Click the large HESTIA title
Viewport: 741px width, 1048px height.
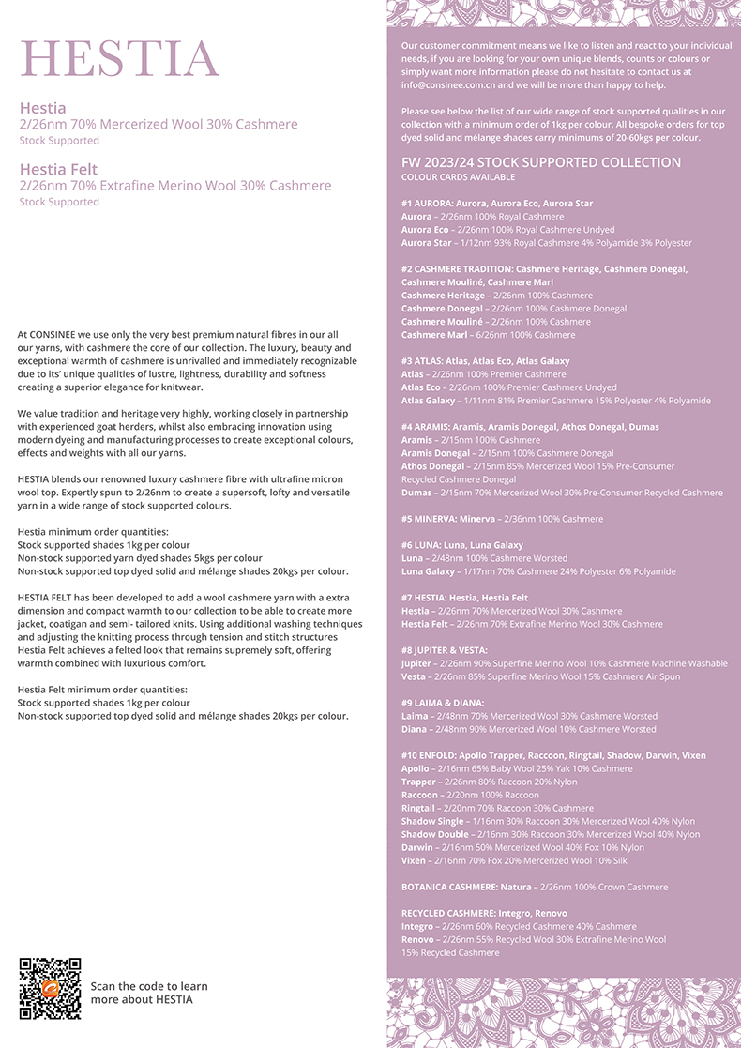click(120, 59)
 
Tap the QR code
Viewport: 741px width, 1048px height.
click(50, 988)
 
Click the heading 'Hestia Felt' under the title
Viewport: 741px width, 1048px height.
click(58, 169)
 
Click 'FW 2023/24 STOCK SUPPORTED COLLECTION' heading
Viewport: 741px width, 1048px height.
click(541, 162)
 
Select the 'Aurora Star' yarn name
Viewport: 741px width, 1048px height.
click(427, 243)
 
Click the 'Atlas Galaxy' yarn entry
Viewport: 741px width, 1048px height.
click(429, 401)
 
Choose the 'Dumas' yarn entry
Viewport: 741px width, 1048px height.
click(416, 493)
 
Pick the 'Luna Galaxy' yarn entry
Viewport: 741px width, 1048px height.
click(428, 571)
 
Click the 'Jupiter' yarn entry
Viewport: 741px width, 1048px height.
click(416, 663)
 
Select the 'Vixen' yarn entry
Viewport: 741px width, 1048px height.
click(415, 860)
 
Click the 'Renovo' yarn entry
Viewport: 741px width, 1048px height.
click(418, 939)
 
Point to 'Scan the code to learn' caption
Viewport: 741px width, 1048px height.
click(149, 986)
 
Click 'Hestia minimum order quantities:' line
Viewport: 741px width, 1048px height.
click(93, 532)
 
